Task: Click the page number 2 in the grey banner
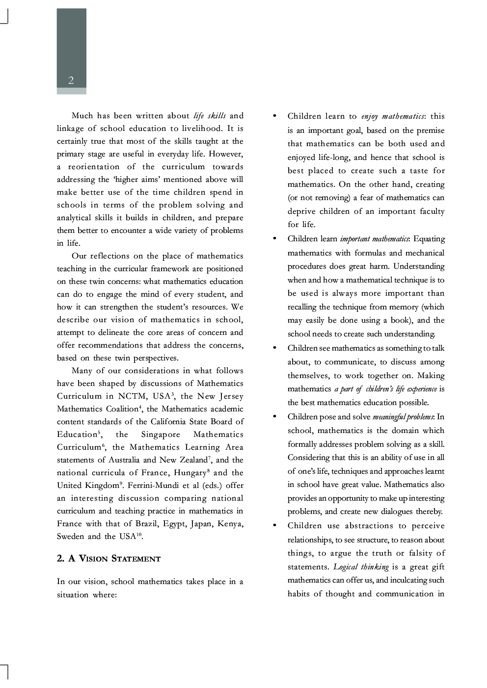pos(71,80)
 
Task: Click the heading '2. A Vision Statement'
pos(108,559)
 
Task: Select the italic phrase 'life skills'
pos(210,116)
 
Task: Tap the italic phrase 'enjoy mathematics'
pos(392,116)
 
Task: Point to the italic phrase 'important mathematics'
pos(375,239)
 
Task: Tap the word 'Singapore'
pos(161,434)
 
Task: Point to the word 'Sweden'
pos(70,536)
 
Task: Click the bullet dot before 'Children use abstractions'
pos(274,525)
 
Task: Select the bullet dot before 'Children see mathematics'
pos(274,348)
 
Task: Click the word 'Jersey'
pos(231,396)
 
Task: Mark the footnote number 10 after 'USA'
pos(139,535)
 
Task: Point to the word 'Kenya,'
pos(230,524)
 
